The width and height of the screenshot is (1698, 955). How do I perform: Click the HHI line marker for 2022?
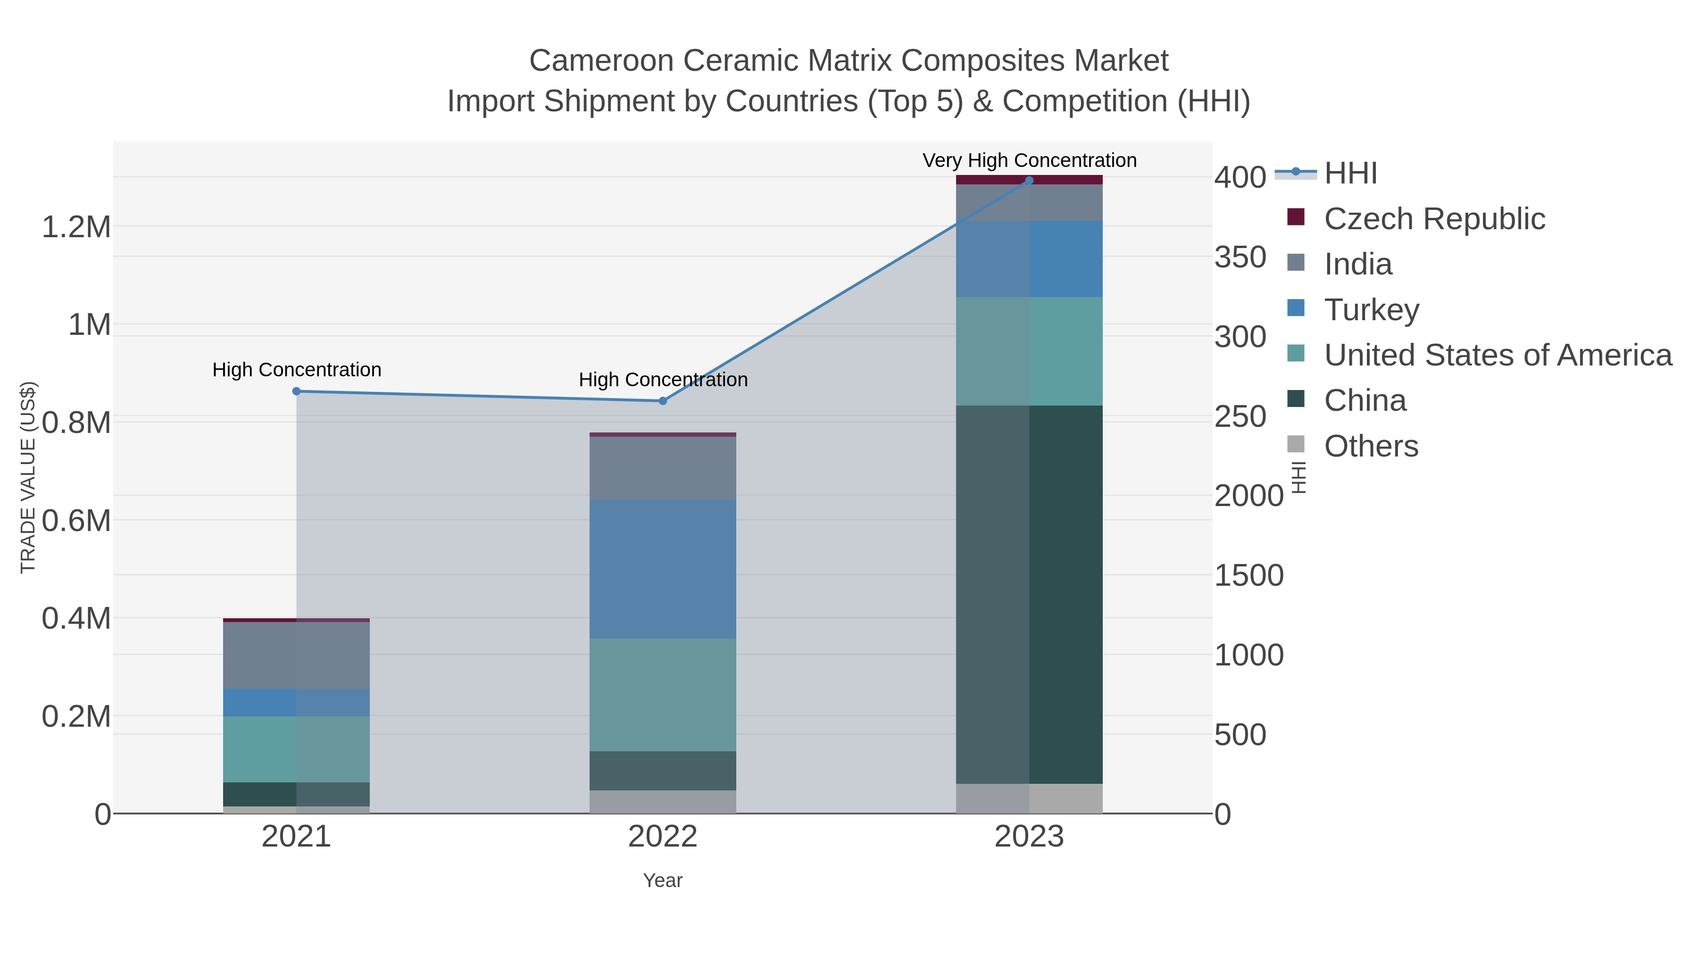click(663, 401)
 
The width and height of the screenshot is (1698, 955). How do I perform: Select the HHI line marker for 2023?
click(1029, 181)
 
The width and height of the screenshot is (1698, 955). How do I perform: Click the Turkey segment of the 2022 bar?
click(663, 569)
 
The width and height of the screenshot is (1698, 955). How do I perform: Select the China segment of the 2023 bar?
click(1029, 594)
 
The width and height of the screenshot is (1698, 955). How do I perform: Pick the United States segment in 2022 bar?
click(663, 695)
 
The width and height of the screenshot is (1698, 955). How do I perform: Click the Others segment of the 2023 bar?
click(1029, 798)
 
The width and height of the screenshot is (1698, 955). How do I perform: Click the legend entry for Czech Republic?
click(1434, 219)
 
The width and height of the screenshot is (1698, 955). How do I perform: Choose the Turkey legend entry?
click(1371, 310)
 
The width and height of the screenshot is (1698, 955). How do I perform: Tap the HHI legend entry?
click(1350, 174)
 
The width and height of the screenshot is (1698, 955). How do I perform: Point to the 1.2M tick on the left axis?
click(76, 227)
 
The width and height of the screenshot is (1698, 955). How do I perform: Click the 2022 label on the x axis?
click(663, 838)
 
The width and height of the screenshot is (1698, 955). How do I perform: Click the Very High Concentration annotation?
click(1029, 161)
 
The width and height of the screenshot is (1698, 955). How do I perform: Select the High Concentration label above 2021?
click(297, 370)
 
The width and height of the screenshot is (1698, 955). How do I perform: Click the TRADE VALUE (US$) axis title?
click(28, 477)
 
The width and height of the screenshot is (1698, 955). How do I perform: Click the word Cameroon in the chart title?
click(601, 61)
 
